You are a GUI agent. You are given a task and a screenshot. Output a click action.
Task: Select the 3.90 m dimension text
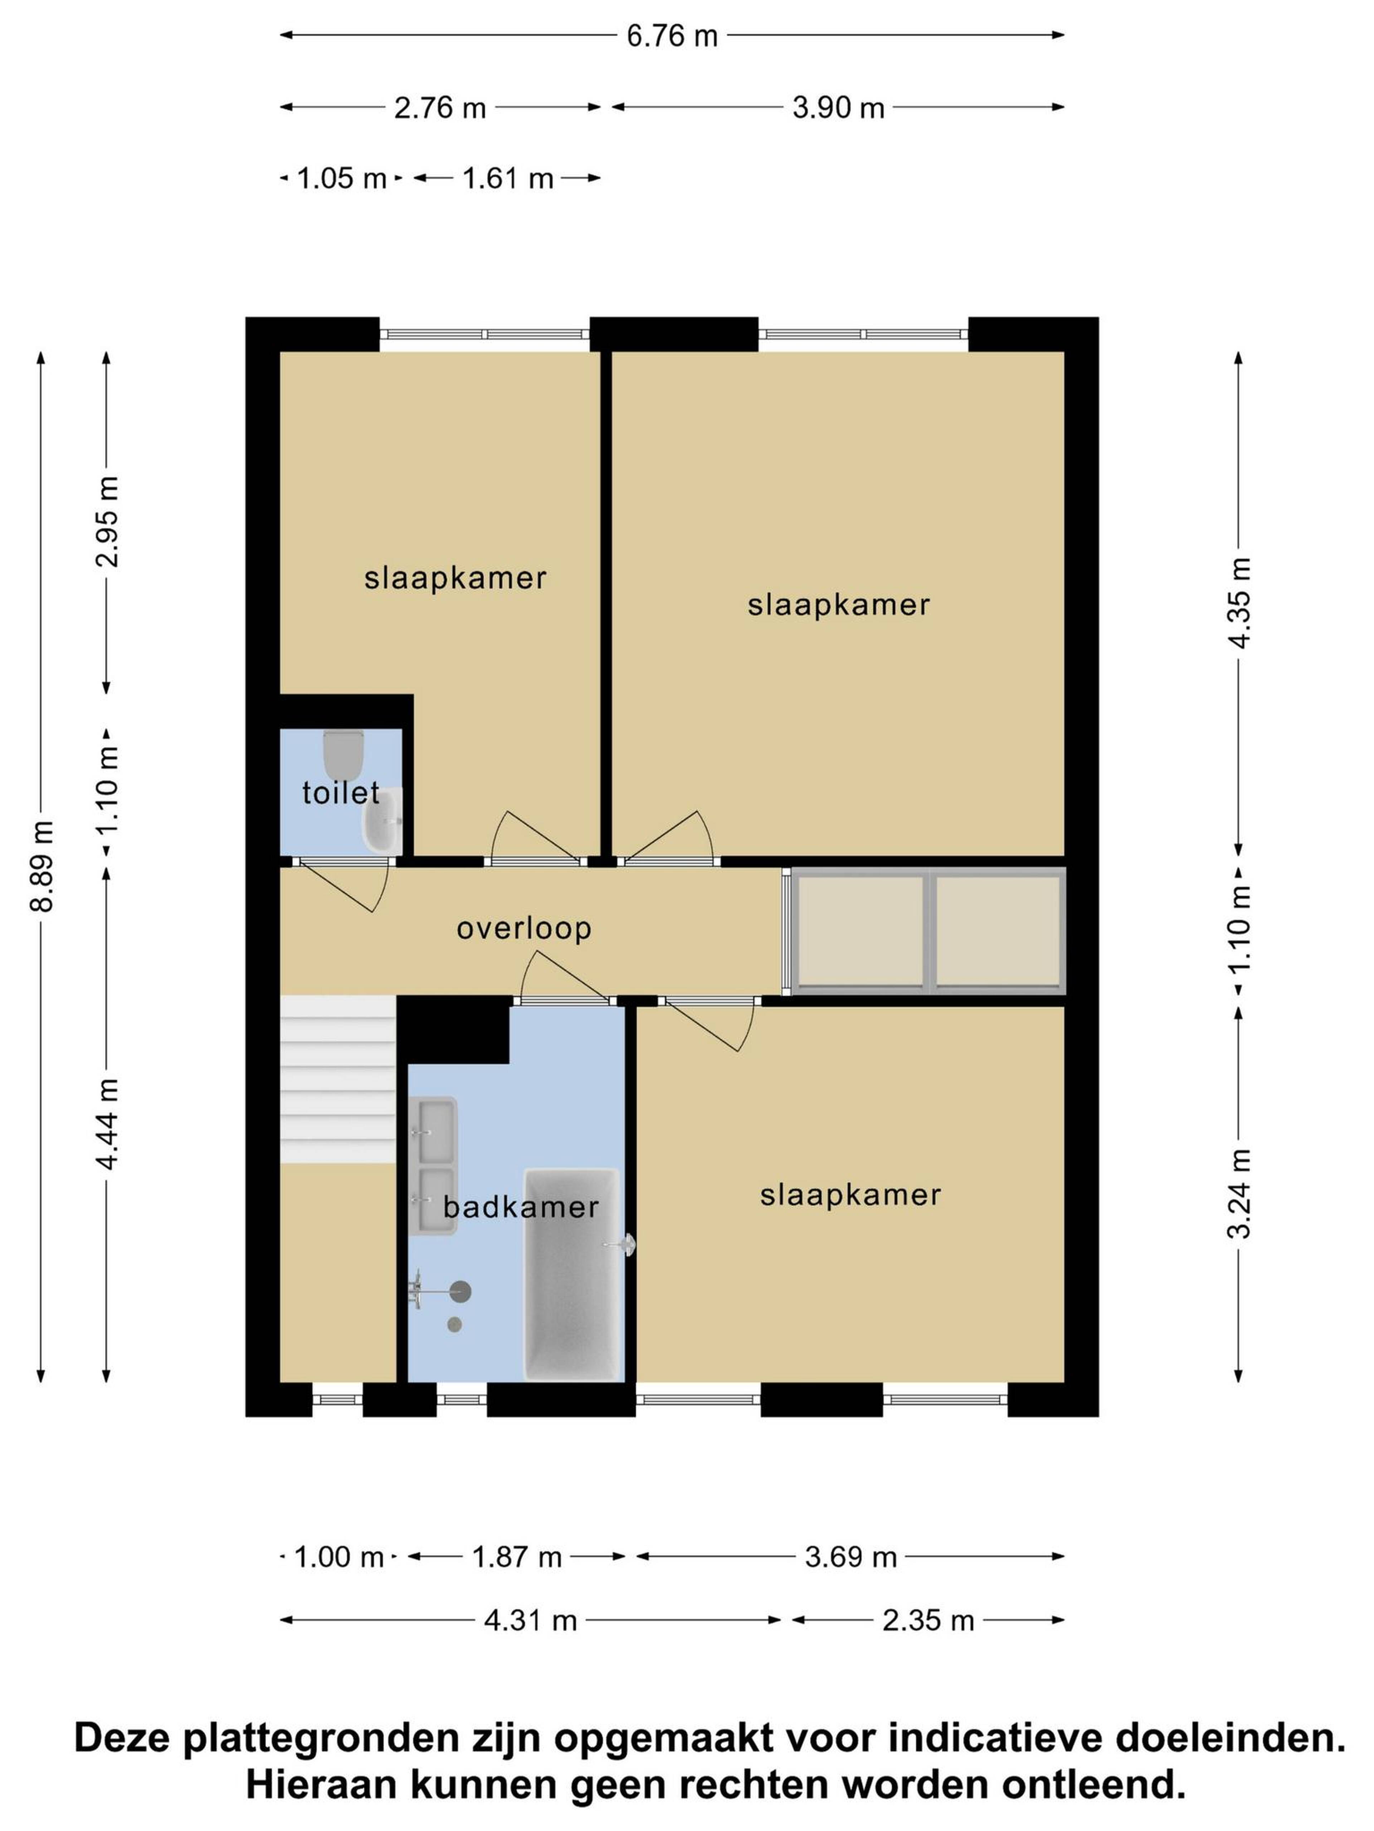[838, 108]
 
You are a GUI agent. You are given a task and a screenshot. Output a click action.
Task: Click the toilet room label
[340, 793]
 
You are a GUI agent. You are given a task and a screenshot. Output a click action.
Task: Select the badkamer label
[521, 1207]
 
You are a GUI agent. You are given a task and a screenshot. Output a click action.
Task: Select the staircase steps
[338, 1079]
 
